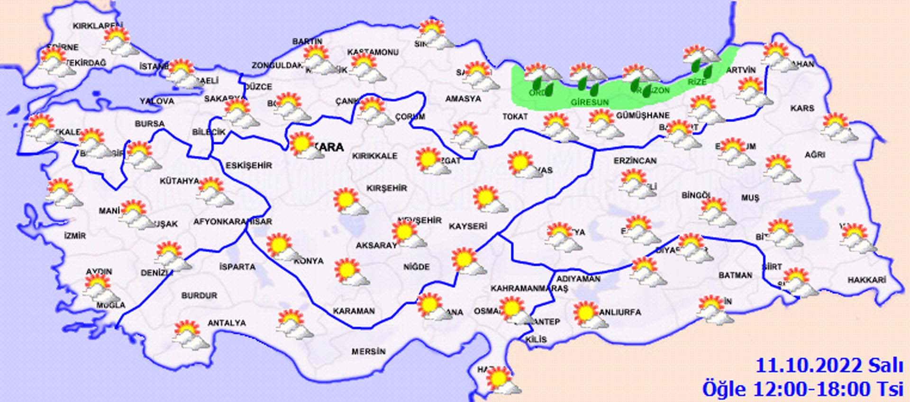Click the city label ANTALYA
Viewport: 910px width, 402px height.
227,323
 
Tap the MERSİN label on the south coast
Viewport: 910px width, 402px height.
368,351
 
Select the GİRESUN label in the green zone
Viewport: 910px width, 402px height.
589,102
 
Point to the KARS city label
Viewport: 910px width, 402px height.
802,108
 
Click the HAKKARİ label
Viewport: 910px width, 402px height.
866,280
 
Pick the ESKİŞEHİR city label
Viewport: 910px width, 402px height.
249,165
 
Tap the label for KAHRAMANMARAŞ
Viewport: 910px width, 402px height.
529,288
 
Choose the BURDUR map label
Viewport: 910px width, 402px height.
199,295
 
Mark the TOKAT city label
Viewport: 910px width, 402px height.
515,116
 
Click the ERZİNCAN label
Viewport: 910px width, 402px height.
635,161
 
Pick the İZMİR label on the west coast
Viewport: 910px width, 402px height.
75,235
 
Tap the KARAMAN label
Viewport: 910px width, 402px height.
354,311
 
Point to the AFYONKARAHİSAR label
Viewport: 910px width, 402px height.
232,222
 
